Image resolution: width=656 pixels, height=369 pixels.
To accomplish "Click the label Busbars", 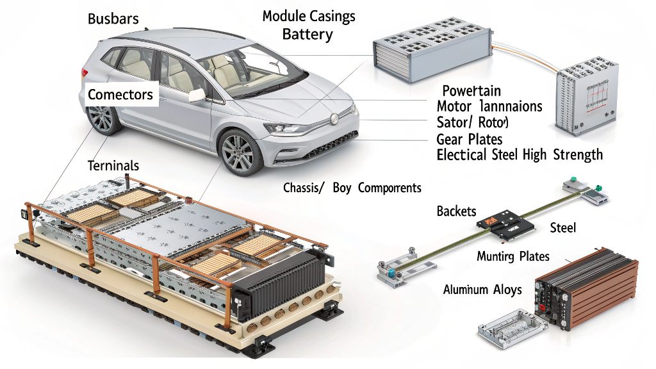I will [113, 18].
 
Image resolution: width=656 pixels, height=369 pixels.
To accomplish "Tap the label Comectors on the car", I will [120, 95].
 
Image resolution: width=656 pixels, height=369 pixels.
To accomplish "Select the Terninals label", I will [113, 165].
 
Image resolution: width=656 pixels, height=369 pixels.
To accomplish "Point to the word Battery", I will [307, 34].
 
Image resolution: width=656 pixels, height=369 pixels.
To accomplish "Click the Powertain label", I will [471, 90].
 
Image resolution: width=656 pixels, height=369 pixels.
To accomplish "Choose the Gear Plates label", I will [469, 139].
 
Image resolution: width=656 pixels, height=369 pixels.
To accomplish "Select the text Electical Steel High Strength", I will [519, 154].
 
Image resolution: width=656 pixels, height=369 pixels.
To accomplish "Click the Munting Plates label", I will [513, 256].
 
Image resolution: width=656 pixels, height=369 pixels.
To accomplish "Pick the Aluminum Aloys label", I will [482, 290].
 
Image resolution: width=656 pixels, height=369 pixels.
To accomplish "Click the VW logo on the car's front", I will [334, 119].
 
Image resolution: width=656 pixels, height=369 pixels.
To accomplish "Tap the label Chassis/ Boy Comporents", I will [352, 188].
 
